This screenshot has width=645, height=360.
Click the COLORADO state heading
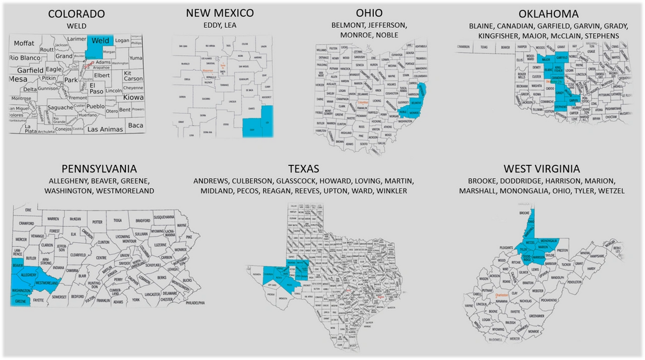76,13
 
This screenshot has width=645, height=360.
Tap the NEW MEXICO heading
220,13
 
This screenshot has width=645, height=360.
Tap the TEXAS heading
303,168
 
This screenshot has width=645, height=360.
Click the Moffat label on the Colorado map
24,43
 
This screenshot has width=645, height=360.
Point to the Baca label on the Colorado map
135,125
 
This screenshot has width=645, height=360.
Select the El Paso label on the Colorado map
96,88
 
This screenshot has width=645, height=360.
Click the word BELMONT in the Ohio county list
347,25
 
